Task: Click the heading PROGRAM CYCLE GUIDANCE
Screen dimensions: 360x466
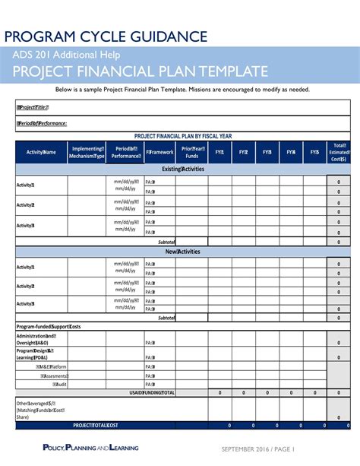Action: point(107,36)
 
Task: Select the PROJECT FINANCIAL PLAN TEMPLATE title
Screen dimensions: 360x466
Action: point(141,72)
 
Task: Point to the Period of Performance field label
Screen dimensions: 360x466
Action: point(42,123)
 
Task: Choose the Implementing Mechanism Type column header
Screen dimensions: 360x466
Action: point(87,152)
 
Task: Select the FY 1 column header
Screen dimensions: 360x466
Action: point(219,152)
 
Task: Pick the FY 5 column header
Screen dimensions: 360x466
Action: point(314,152)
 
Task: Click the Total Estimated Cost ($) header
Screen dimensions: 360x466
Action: point(339,152)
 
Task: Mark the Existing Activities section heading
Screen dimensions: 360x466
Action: point(183,169)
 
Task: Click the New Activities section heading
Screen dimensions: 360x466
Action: point(183,251)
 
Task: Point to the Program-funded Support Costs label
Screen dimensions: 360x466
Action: point(49,326)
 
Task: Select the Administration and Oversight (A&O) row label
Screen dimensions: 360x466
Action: point(36,339)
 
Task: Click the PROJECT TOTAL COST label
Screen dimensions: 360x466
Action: point(96,425)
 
